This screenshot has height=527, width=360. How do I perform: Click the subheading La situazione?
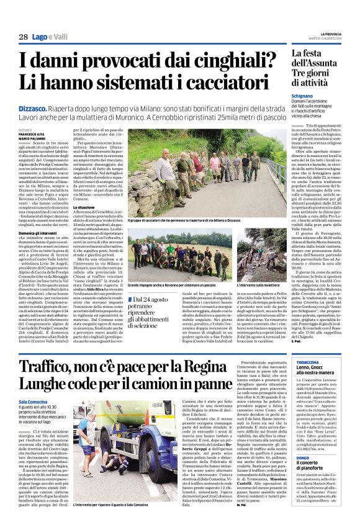86,225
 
